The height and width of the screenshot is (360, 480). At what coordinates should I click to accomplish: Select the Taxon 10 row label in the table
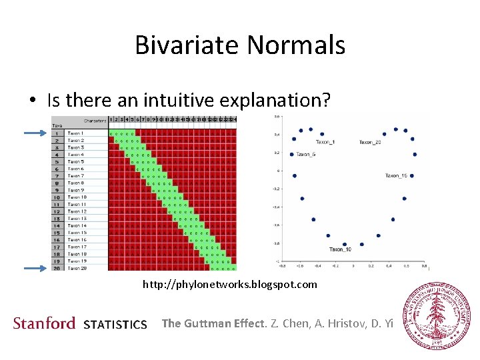point(77,197)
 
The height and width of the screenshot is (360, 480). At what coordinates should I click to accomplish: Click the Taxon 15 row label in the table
point(77,233)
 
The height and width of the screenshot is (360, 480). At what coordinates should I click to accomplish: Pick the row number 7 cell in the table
point(58,176)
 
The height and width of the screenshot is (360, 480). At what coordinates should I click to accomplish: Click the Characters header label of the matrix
point(95,121)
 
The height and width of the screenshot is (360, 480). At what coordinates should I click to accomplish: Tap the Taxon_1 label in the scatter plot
point(325,142)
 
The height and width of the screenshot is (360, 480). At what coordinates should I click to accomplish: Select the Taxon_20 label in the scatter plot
point(370,142)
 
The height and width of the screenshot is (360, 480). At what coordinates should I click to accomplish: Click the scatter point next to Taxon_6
point(292,154)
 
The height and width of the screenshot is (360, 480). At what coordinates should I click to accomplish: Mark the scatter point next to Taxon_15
point(412,176)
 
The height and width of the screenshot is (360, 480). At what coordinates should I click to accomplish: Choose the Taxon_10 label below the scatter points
point(340,249)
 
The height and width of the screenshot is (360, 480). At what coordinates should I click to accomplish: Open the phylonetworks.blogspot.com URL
point(230,285)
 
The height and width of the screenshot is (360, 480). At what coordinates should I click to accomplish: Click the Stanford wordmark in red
point(44,323)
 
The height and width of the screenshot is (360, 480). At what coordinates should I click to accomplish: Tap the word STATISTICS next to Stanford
point(115,325)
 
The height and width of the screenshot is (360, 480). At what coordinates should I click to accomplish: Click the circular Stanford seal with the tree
point(439,315)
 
